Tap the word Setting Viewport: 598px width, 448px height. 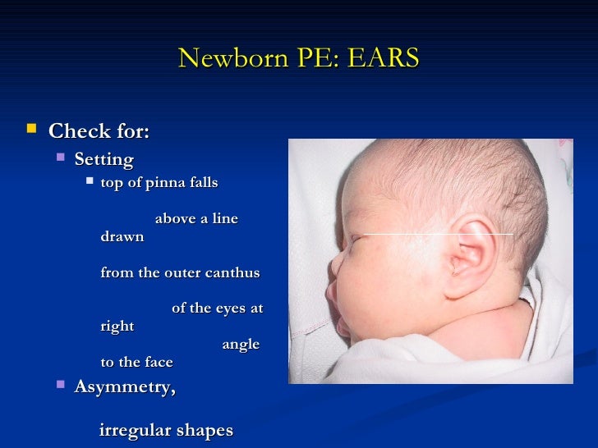103,158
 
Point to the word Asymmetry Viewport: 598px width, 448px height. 125,386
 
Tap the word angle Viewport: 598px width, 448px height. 241,345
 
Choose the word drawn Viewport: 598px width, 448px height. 122,236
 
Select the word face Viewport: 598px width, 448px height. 158,362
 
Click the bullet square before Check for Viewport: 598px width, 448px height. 32,130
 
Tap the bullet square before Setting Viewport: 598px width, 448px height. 60,157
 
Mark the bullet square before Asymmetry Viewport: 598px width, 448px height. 60,385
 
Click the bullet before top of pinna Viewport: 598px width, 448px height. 89,182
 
